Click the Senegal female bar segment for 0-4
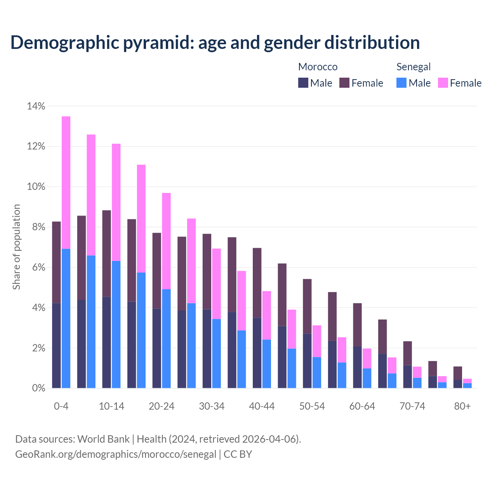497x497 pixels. (x=66, y=182)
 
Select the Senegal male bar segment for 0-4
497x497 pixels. (x=66, y=318)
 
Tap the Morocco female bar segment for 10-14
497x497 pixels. (x=106, y=254)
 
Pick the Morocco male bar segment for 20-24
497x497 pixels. (x=156, y=348)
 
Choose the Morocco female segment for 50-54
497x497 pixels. (x=307, y=306)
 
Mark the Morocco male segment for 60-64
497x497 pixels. (x=357, y=367)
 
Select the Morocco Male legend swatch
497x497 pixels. (x=303, y=83)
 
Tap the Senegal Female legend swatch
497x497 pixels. (x=443, y=83)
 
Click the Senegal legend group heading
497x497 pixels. (x=414, y=67)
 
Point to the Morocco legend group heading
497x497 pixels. (x=318, y=67)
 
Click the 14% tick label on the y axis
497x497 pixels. (x=36, y=106)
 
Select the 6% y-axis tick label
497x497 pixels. (x=39, y=268)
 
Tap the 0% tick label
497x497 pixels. (x=39, y=388)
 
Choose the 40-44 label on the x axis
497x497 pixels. (x=262, y=407)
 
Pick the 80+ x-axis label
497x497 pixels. (x=462, y=407)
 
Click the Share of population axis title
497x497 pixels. (x=16, y=247)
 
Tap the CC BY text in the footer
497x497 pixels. (x=238, y=454)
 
